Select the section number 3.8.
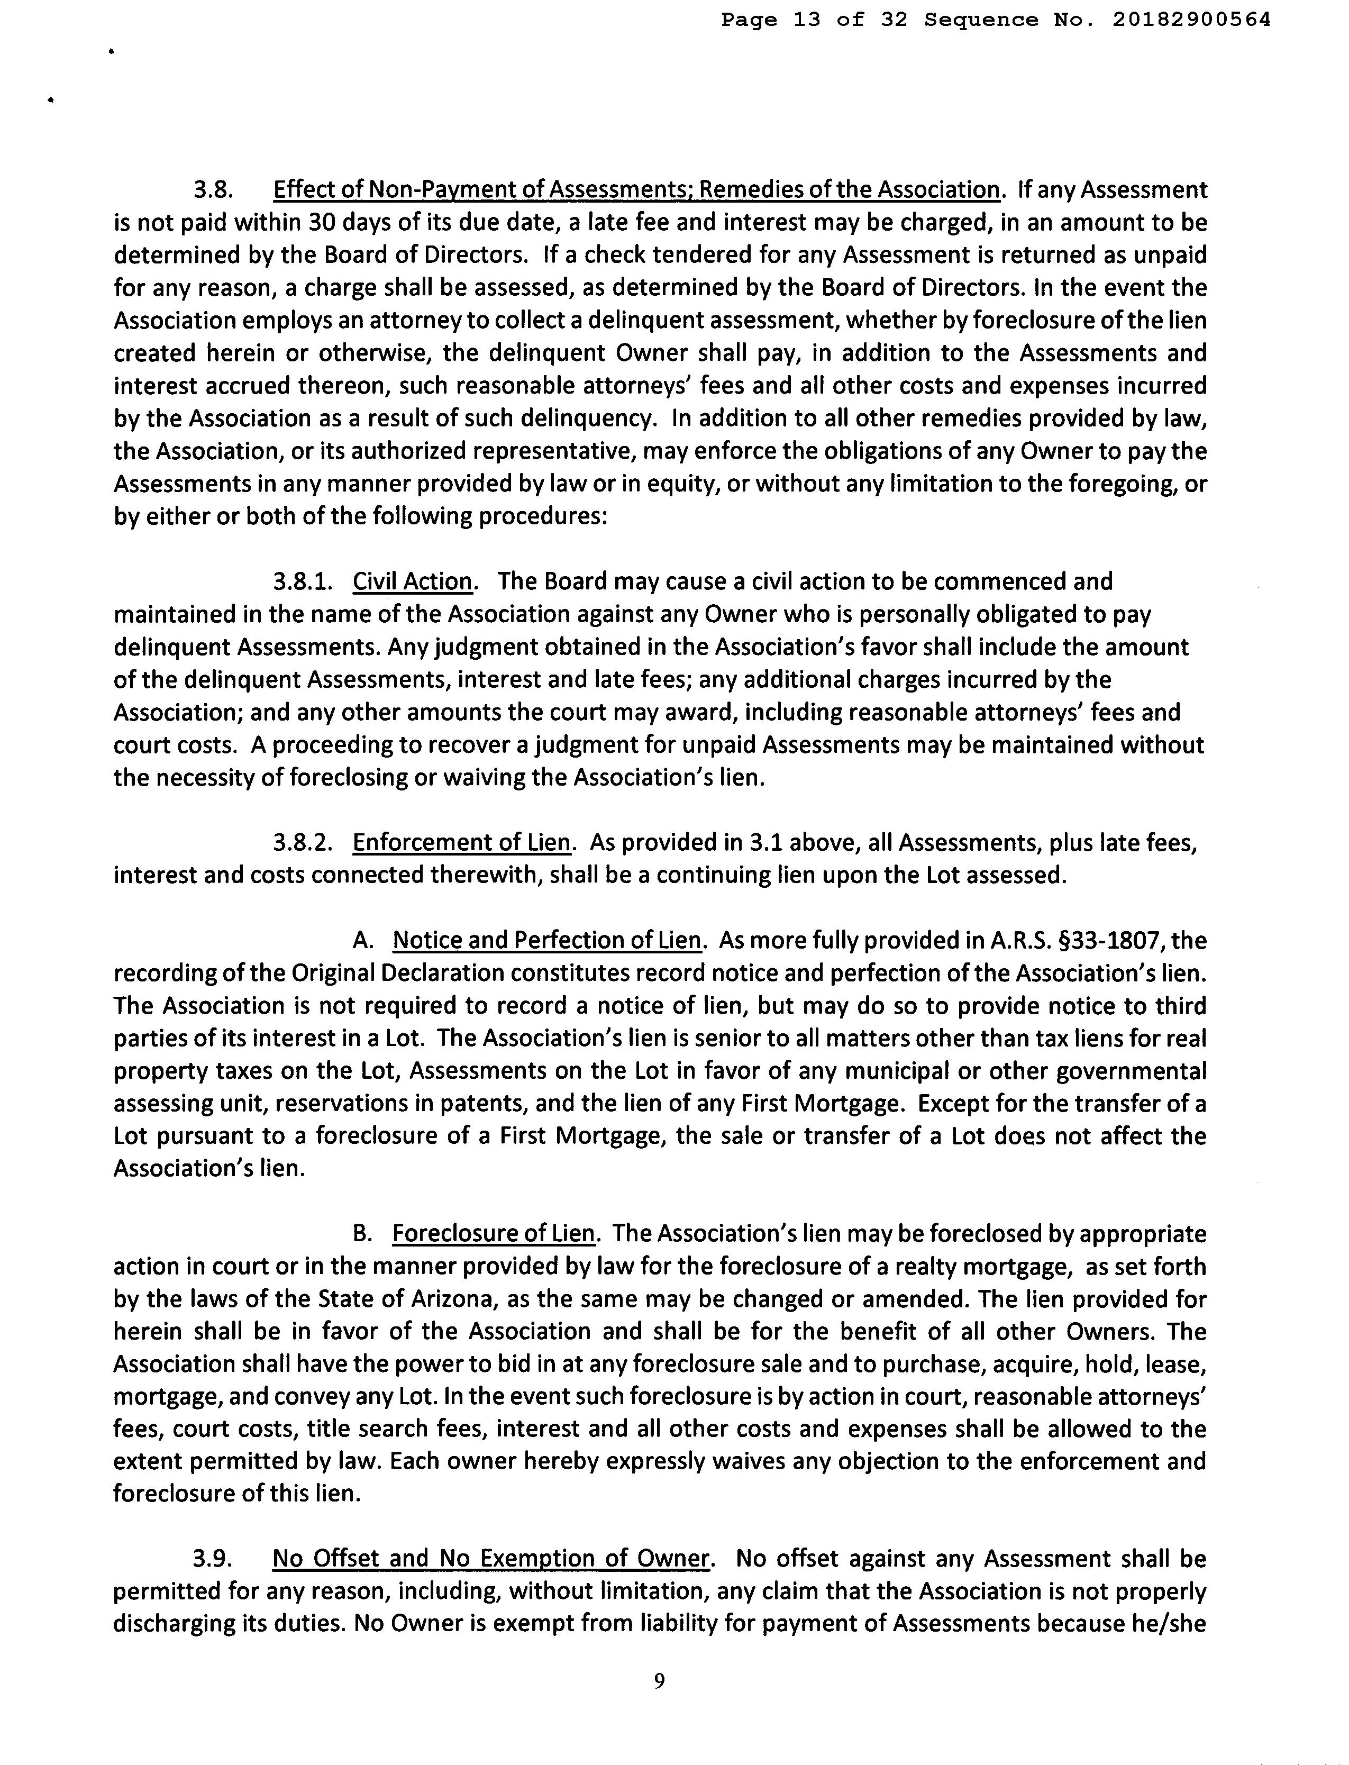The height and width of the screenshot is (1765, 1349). point(213,190)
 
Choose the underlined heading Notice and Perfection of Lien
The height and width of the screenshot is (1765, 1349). point(547,940)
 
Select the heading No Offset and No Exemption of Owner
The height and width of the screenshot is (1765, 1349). point(490,1559)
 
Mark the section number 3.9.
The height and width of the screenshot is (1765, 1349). point(213,1559)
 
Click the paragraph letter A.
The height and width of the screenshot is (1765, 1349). point(362,940)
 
